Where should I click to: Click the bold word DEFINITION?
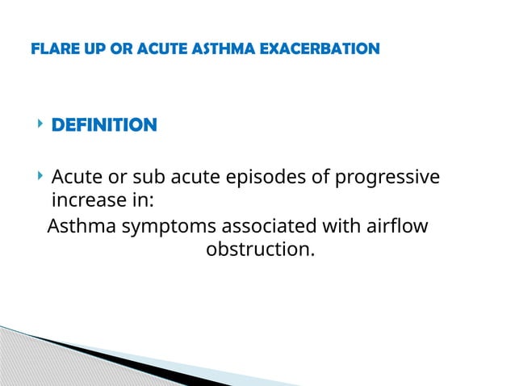click(104, 125)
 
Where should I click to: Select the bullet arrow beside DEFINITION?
click(38, 125)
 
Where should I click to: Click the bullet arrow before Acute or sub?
click(38, 176)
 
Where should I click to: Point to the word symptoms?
click(157, 227)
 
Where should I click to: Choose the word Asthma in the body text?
click(81, 227)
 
